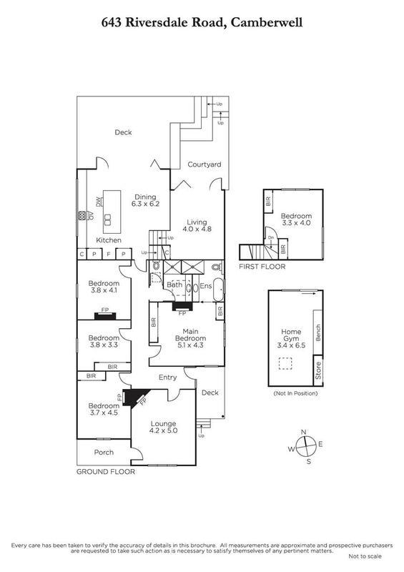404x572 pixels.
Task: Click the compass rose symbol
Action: click(x=305, y=446)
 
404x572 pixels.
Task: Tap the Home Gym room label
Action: click(x=291, y=338)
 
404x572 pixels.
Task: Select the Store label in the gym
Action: click(x=318, y=370)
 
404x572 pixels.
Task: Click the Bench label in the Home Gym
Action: click(x=318, y=332)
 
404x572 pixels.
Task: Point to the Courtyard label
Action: click(x=205, y=164)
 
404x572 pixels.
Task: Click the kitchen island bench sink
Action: click(x=108, y=220)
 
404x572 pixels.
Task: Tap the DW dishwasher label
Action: click(x=98, y=201)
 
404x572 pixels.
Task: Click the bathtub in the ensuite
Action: click(x=218, y=290)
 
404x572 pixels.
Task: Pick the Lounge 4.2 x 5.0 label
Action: click(x=163, y=427)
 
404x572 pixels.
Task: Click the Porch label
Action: click(x=104, y=453)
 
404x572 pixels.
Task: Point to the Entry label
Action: click(x=168, y=378)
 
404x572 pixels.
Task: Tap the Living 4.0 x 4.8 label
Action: click(x=197, y=225)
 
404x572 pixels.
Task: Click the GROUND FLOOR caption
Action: click(x=106, y=472)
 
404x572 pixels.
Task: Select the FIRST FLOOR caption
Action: click(x=262, y=267)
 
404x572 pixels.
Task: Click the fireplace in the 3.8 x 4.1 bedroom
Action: click(x=105, y=316)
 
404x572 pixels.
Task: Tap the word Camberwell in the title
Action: click(x=267, y=23)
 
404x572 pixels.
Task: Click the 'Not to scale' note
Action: click(x=365, y=556)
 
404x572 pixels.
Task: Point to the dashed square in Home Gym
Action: click(x=285, y=364)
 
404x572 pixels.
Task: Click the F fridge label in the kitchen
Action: click(x=109, y=254)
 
